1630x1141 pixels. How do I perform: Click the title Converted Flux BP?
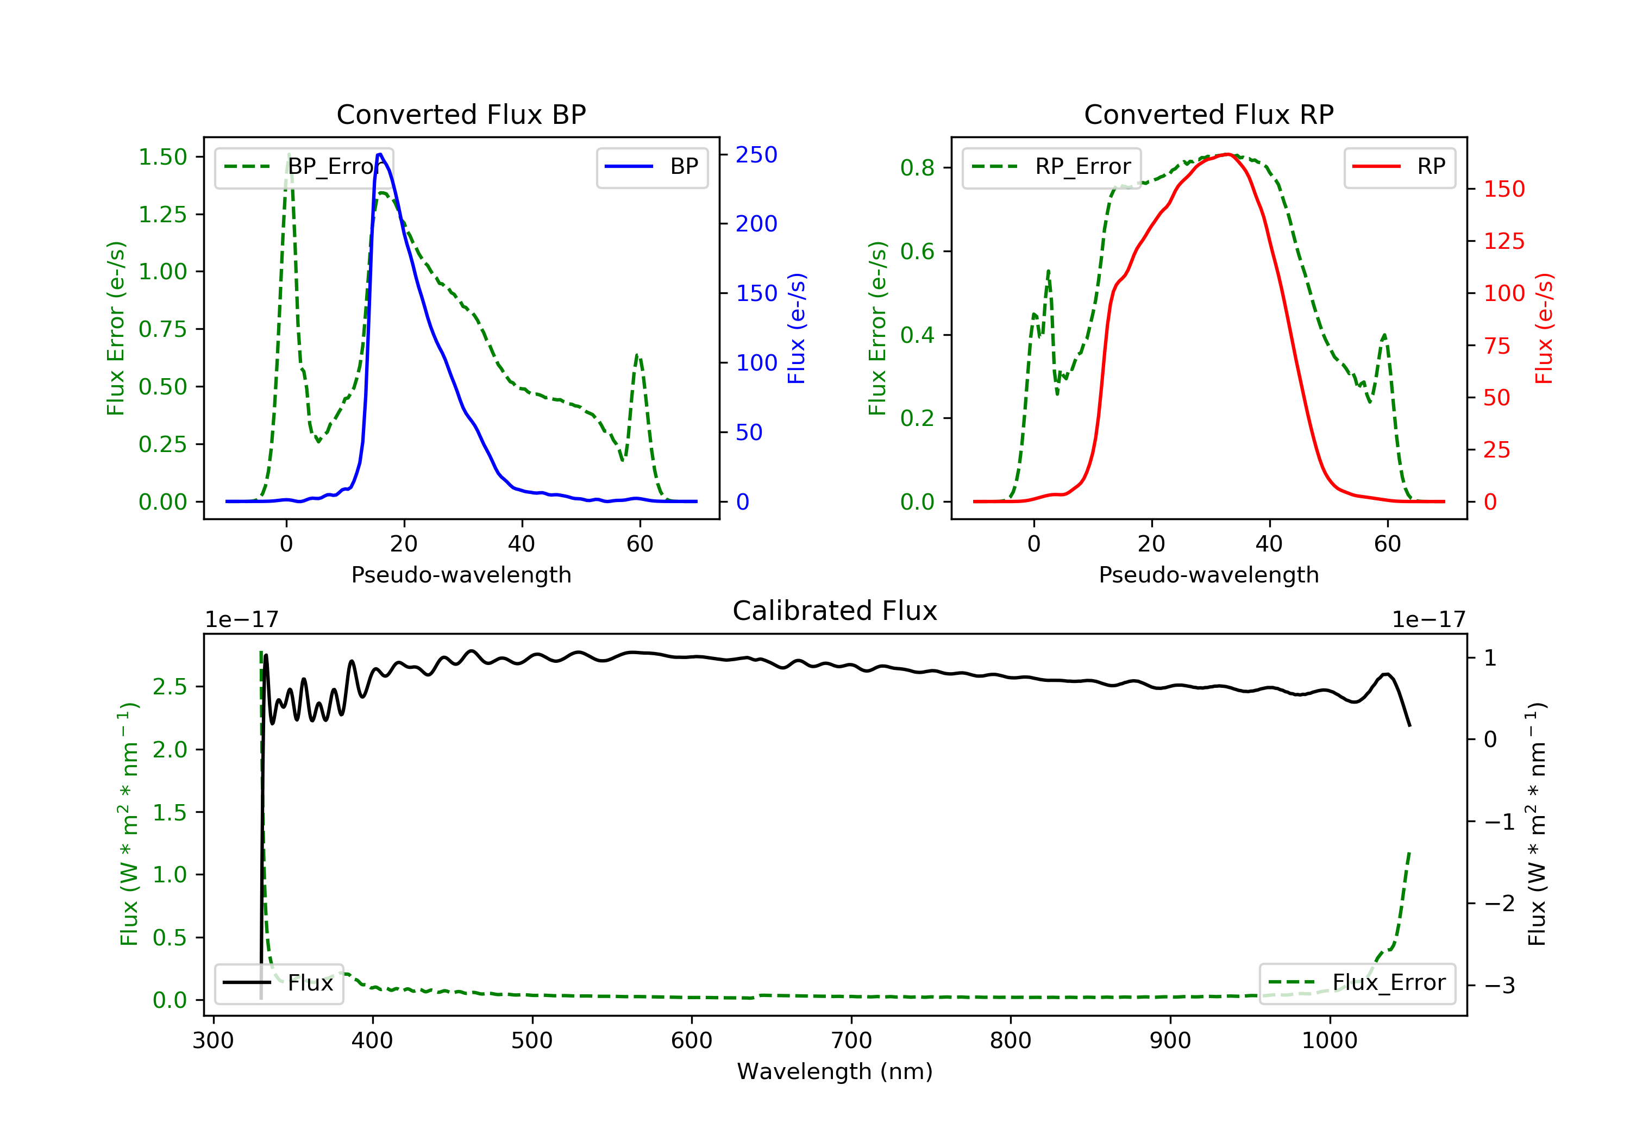click(461, 114)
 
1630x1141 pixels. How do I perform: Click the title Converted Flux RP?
click(1208, 114)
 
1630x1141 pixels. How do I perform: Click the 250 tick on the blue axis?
click(756, 155)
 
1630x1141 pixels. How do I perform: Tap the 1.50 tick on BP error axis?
click(162, 157)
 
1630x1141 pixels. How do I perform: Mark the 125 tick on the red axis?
click(1503, 241)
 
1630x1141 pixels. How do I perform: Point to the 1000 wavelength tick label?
click(1329, 1041)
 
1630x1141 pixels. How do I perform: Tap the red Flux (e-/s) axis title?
click(1544, 328)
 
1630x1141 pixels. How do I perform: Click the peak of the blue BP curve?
click(380, 154)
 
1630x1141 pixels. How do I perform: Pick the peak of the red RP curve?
click(1227, 154)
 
